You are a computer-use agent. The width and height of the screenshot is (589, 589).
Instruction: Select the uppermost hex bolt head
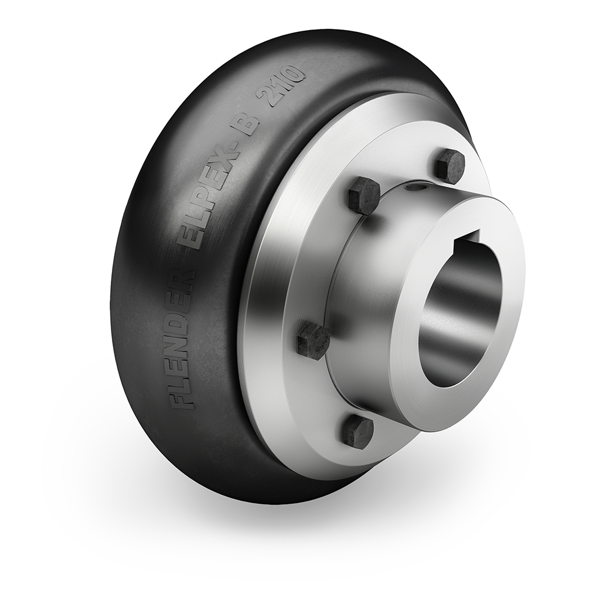coord(450,166)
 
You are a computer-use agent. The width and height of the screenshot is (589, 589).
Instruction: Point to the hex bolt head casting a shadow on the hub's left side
coord(313,340)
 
